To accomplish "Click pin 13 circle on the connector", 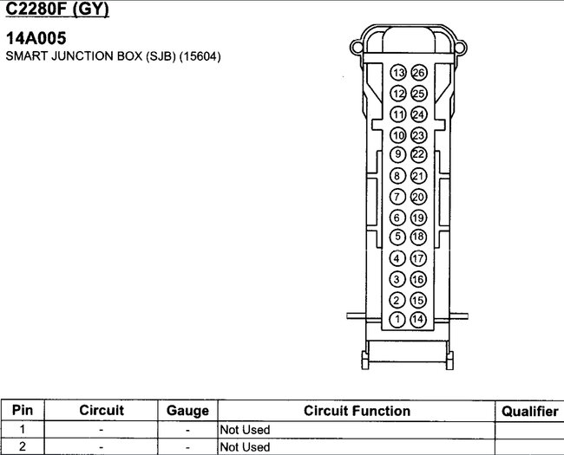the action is click(398, 73).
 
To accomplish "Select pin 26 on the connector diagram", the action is click(419, 73).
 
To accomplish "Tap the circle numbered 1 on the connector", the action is click(397, 320).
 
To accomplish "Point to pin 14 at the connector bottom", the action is click(418, 320).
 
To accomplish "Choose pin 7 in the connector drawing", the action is click(397, 197).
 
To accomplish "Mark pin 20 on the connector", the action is click(418, 197).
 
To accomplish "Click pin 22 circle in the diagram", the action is click(418, 154).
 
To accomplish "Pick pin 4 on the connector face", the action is click(397, 258).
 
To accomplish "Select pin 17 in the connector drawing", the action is click(418, 258).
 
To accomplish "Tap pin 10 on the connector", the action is click(397, 135).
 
